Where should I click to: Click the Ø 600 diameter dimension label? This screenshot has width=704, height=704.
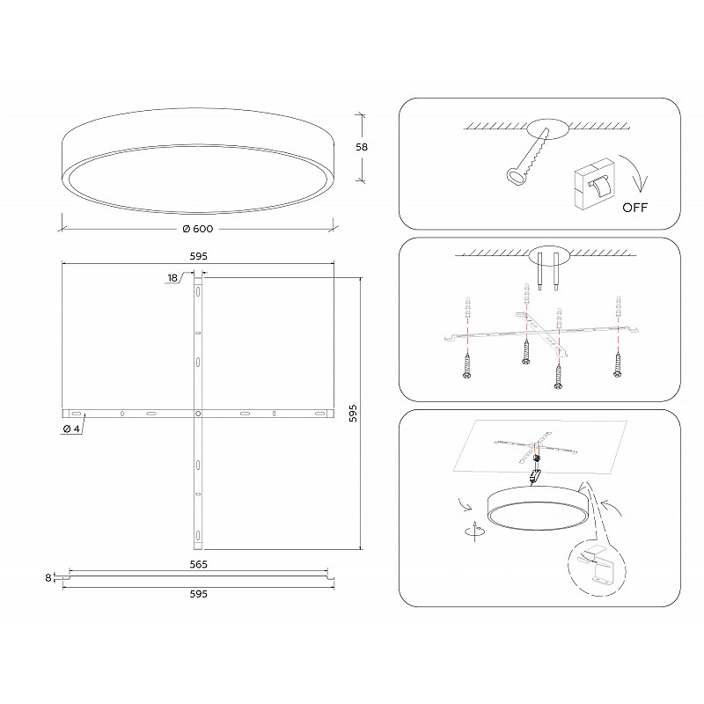(x=198, y=229)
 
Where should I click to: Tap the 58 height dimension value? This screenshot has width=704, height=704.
(x=362, y=147)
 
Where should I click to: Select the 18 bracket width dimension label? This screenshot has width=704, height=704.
(x=172, y=278)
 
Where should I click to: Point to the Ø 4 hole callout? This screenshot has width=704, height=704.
(x=71, y=429)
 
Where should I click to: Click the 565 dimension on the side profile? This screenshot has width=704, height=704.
(x=199, y=564)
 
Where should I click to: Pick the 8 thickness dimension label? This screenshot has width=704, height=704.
(x=48, y=578)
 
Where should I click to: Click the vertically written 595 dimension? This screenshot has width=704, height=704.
(x=354, y=413)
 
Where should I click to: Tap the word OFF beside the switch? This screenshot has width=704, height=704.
(x=634, y=208)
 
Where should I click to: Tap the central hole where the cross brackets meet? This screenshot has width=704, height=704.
(x=198, y=413)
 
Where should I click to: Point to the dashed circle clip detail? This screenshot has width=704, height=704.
(x=597, y=568)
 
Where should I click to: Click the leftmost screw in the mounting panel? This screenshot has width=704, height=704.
(x=467, y=365)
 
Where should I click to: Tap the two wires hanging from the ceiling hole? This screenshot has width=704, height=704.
(x=548, y=272)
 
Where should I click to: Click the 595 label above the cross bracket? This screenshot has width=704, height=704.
(x=199, y=256)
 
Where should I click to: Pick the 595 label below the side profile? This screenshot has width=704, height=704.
(x=199, y=594)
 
